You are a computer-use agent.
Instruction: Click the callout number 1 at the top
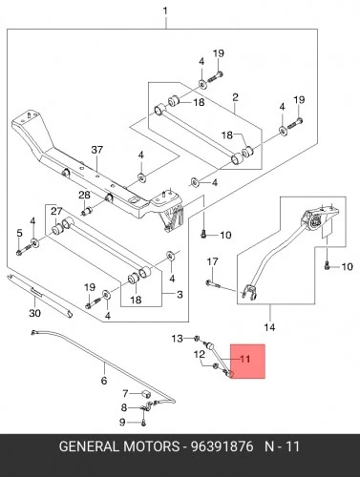(165, 11)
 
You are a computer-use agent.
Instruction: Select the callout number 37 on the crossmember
(97, 150)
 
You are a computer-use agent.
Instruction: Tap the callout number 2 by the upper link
(235, 97)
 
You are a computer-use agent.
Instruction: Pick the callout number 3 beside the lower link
(180, 295)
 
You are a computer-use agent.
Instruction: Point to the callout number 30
(35, 313)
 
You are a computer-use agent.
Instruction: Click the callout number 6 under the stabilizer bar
(104, 381)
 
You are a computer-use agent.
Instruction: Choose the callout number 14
(269, 327)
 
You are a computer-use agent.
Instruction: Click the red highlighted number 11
(245, 359)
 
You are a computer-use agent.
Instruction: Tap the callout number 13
(178, 339)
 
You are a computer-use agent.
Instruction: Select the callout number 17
(213, 261)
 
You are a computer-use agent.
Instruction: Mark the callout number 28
(84, 195)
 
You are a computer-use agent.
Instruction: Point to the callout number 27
(56, 211)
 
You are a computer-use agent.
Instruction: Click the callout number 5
(19, 233)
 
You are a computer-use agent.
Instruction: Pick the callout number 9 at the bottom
(122, 423)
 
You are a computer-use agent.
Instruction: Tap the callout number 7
(125, 394)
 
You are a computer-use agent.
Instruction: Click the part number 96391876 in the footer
(222, 446)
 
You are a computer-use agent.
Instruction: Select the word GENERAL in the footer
(89, 446)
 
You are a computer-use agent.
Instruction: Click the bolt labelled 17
(212, 282)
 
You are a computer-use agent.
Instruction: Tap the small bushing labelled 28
(87, 211)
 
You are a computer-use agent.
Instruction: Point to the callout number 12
(200, 354)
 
